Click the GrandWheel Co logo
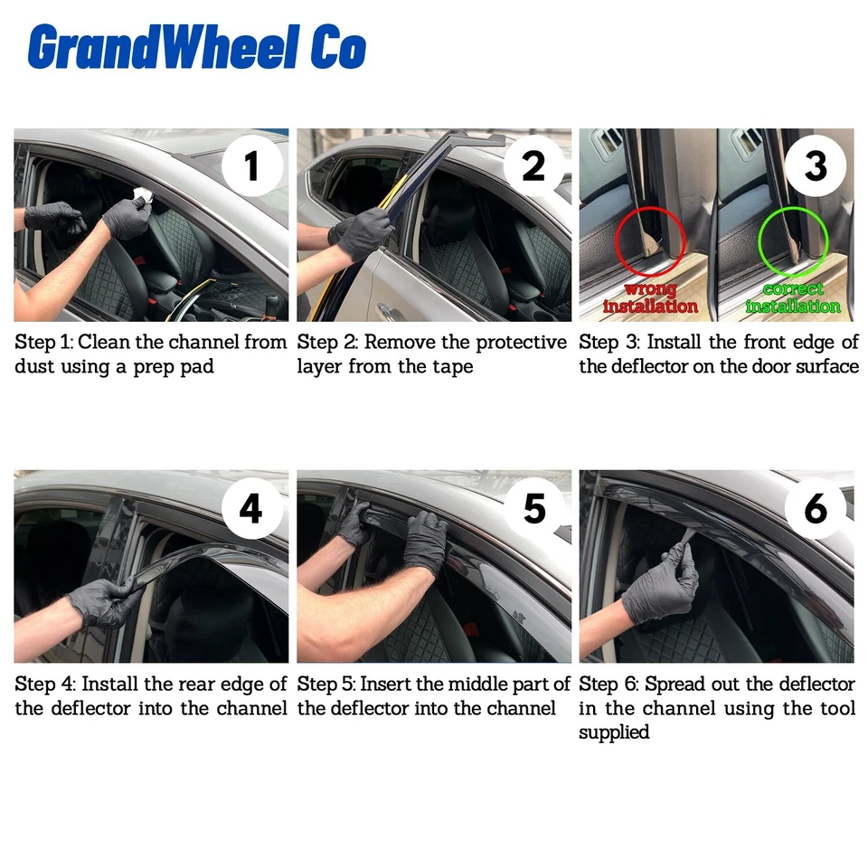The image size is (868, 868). [196, 47]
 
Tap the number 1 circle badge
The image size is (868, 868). [251, 165]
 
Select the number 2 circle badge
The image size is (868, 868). [533, 165]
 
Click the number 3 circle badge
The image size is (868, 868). [815, 165]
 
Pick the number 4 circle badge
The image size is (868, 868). [251, 508]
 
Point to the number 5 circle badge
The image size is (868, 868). [533, 508]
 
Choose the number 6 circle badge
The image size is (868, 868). [815, 508]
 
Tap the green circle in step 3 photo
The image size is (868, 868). [793, 242]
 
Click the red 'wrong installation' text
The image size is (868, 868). [650, 297]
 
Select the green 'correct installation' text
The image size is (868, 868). [793, 297]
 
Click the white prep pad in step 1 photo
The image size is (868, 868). [142, 194]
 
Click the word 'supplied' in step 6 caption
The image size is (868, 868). [614, 731]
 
